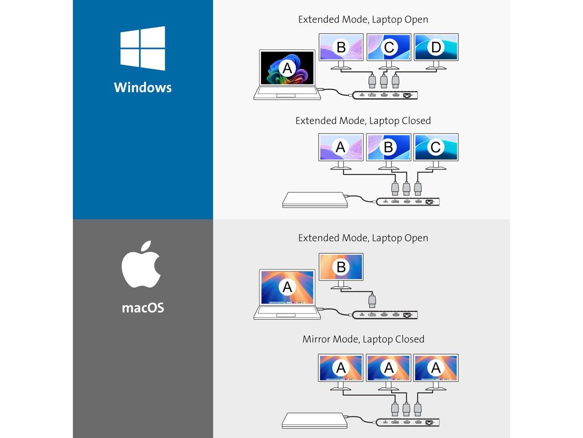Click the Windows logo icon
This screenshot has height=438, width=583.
(x=143, y=48)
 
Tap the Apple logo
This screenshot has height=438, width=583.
(x=141, y=265)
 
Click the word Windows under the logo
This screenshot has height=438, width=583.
(x=143, y=87)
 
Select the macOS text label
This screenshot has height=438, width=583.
(x=143, y=308)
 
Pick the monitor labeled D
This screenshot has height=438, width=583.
(x=436, y=47)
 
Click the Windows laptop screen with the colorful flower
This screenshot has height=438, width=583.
(x=287, y=68)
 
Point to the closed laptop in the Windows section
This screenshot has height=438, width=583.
(x=315, y=200)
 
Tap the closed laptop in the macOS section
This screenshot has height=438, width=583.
(x=314, y=420)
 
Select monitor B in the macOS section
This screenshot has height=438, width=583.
(x=341, y=267)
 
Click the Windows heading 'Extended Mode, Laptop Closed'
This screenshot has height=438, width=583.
(x=363, y=120)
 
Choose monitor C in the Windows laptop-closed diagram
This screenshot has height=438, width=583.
(x=436, y=147)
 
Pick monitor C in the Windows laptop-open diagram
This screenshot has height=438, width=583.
(x=389, y=47)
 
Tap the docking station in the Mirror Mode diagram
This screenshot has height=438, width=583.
(x=408, y=423)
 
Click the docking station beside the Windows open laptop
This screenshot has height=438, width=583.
(x=385, y=95)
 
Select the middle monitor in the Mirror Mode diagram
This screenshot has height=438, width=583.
(x=389, y=367)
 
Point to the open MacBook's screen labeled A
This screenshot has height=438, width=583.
(x=287, y=287)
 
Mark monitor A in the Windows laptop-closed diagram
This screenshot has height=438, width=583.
(x=341, y=147)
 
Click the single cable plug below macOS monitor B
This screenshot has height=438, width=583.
(x=372, y=301)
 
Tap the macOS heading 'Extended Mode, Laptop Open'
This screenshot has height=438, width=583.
(x=363, y=238)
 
